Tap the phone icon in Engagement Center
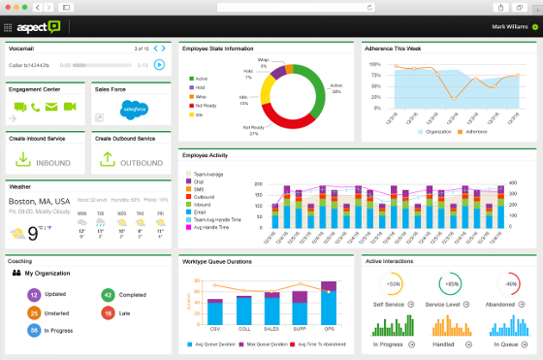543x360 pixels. [x=35, y=108]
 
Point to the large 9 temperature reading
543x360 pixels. [x=32, y=233]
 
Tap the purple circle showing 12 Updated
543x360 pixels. [x=33, y=294]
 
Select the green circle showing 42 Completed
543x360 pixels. [x=108, y=294]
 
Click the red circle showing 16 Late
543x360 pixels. [x=108, y=312]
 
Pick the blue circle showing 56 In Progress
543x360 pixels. [x=33, y=331]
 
